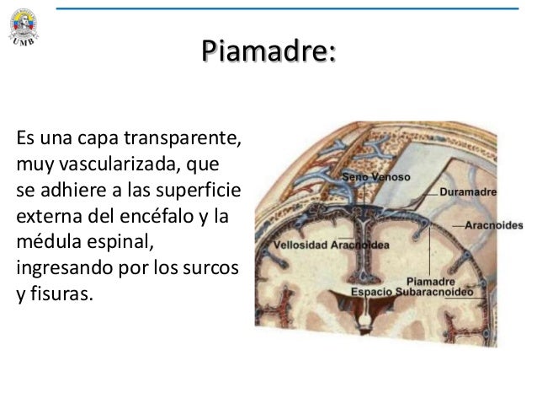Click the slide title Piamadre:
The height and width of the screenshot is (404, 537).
pyautogui.click(x=268, y=51)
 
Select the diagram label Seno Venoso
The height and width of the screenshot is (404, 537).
pyautogui.click(x=375, y=178)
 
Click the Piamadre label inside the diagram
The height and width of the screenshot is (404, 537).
pyautogui.click(x=430, y=281)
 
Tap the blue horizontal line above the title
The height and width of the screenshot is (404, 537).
pyautogui.click(x=286, y=8)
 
